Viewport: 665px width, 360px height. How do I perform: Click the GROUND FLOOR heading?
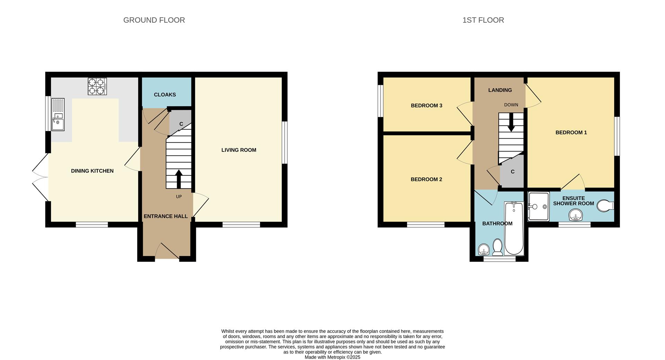[154, 20]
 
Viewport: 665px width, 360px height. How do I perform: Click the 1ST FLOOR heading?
[483, 20]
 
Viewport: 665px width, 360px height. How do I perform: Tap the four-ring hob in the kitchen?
[97, 86]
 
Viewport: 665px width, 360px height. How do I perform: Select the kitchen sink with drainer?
[58, 115]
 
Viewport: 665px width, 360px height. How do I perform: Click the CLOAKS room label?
[165, 95]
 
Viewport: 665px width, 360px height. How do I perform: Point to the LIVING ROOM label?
[239, 150]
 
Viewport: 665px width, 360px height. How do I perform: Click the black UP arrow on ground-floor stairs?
[179, 178]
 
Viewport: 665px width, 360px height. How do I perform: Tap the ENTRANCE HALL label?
[166, 216]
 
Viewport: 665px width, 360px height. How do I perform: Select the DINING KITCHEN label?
[92, 171]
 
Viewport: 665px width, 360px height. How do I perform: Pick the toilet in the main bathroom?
[498, 247]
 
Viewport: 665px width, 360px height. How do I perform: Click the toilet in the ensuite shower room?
[605, 205]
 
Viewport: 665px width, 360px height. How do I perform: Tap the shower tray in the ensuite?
[539, 207]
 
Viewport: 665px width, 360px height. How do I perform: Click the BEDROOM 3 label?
[426, 106]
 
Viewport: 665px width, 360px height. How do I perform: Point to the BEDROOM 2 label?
[426, 179]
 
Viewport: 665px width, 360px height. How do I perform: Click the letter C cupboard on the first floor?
[513, 172]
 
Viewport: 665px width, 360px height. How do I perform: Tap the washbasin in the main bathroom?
[484, 249]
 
